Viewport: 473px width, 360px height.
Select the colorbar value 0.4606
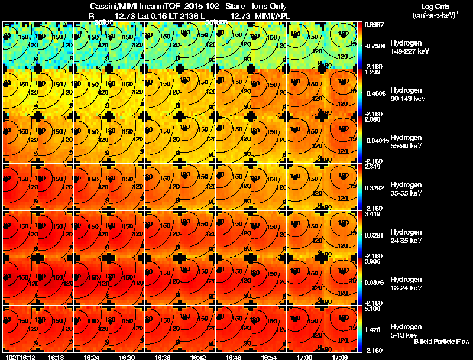(373, 93)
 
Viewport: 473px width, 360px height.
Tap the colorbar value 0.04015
(375, 140)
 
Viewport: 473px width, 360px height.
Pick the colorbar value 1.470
(372, 329)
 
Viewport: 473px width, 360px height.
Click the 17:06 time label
(340, 357)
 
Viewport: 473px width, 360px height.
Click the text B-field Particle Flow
(441, 342)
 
